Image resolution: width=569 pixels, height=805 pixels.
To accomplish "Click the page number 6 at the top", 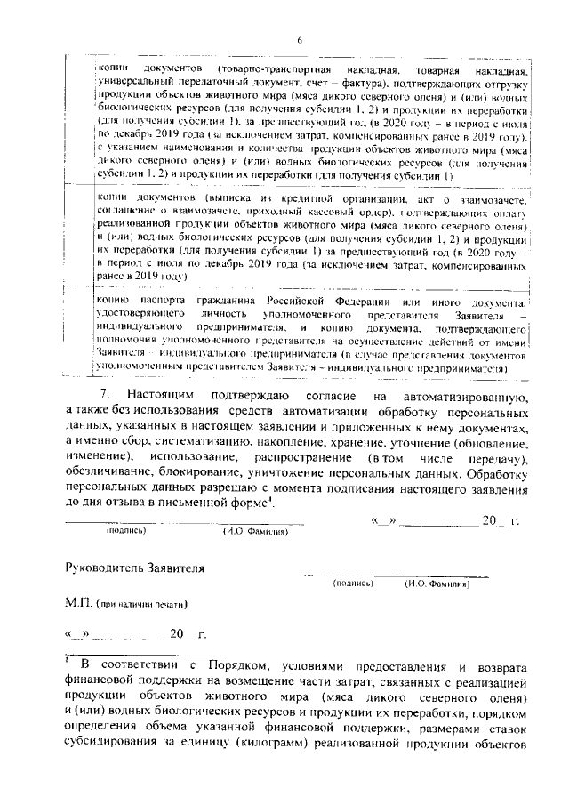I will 300,39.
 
